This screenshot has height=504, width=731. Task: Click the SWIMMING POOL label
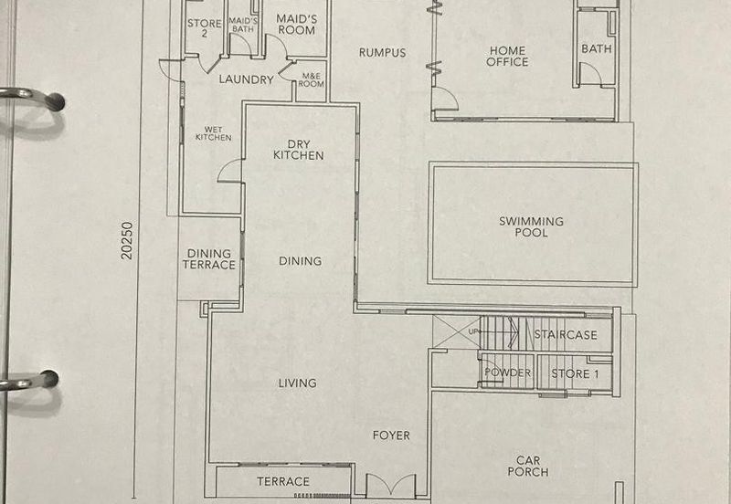click(531, 226)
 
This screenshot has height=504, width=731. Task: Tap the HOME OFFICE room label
click(507, 56)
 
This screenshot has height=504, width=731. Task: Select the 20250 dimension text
click(127, 240)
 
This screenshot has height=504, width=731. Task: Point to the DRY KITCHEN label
click(299, 150)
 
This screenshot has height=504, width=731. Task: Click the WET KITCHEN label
click(214, 133)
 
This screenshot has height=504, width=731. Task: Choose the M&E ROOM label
click(311, 79)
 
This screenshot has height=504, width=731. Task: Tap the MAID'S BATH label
click(243, 25)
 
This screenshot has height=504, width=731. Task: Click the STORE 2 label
click(204, 28)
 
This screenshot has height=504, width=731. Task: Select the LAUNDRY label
click(246, 79)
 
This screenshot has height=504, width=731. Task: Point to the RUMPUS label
click(382, 53)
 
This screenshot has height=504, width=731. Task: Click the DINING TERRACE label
click(209, 259)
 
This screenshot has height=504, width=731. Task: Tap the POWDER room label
click(507, 373)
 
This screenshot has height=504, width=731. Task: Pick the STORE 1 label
click(576, 373)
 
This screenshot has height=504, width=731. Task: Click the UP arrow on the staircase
click(494, 331)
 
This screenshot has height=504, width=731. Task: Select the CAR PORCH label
click(528, 466)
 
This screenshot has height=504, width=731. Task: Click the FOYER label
click(391, 436)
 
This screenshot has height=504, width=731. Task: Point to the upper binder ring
click(33, 97)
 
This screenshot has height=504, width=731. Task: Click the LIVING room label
click(298, 383)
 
